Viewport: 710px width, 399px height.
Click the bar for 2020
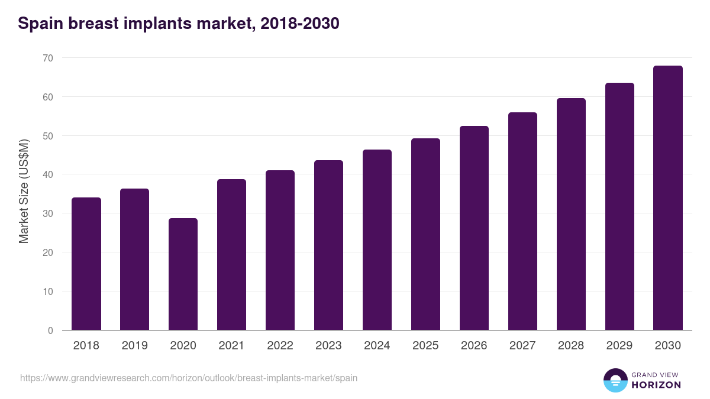tap(183, 274)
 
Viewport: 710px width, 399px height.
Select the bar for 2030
tap(668, 198)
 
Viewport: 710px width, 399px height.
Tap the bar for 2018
tap(86, 264)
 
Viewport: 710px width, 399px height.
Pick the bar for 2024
tap(377, 240)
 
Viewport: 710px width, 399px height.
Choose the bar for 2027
tap(522, 221)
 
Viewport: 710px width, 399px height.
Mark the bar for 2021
tap(231, 255)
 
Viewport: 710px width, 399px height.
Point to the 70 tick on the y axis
tap(47, 58)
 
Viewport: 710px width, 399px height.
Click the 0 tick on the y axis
tap(50, 330)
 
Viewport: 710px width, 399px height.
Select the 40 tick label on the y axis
tap(47, 174)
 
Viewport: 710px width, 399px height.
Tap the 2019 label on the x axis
tap(135, 346)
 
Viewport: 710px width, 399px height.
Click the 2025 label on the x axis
tap(425, 346)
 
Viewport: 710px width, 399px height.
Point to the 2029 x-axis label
tap(619, 346)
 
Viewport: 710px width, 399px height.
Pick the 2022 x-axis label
tap(280, 346)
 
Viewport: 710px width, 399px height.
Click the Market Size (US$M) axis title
tap(24, 191)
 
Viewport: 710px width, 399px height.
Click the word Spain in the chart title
tap(41, 24)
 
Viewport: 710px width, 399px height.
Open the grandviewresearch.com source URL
tap(189, 378)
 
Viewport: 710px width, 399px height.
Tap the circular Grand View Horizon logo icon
tap(615, 380)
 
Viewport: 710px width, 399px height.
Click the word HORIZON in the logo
tap(656, 385)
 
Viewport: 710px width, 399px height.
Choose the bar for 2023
tap(328, 245)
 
